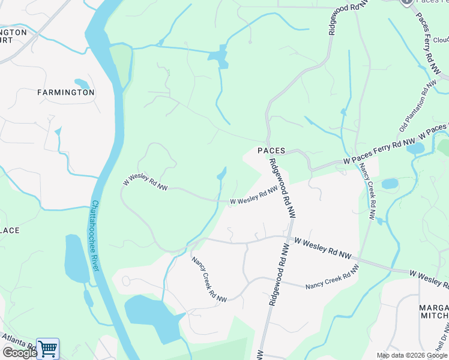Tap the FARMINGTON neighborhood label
[x=65, y=92]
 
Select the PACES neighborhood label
[x=271, y=151]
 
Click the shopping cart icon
[x=47, y=349]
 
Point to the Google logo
[x=19, y=353]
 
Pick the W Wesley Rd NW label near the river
[x=145, y=184]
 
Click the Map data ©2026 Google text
[x=412, y=355]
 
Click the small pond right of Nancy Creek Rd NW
[x=389, y=183]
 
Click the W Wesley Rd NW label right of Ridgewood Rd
[x=322, y=248]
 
